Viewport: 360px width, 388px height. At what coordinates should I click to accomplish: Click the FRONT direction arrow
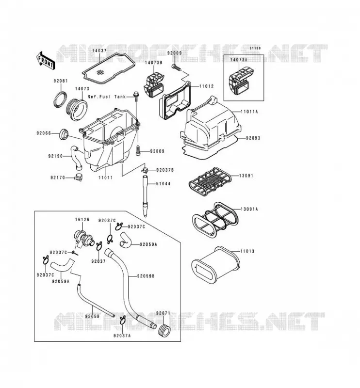click(x=45, y=61)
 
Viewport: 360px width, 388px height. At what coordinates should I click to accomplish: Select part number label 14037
click(x=99, y=50)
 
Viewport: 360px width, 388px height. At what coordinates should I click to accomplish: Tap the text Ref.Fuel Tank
click(x=107, y=97)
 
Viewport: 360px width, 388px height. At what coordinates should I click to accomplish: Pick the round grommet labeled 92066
click(x=64, y=134)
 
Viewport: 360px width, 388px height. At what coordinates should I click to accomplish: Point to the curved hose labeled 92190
click(x=76, y=159)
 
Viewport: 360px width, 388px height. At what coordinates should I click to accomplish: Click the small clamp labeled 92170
click(x=78, y=178)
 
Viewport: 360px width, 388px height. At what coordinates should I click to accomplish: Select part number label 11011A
click(x=249, y=112)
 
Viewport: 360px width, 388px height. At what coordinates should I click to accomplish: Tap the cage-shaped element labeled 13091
click(x=210, y=181)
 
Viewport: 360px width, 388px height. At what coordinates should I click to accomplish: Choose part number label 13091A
click(x=249, y=210)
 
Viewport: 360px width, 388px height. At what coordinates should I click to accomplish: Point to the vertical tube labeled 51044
click(x=145, y=196)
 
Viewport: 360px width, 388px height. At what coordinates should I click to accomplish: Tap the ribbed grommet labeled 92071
click(x=164, y=329)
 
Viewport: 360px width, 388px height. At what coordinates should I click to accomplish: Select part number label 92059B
click(x=146, y=276)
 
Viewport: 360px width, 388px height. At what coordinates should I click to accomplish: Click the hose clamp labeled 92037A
click(x=123, y=320)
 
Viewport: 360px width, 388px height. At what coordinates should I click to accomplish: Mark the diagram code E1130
click(x=255, y=48)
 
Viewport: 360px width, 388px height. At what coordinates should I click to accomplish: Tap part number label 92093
click(x=253, y=138)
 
